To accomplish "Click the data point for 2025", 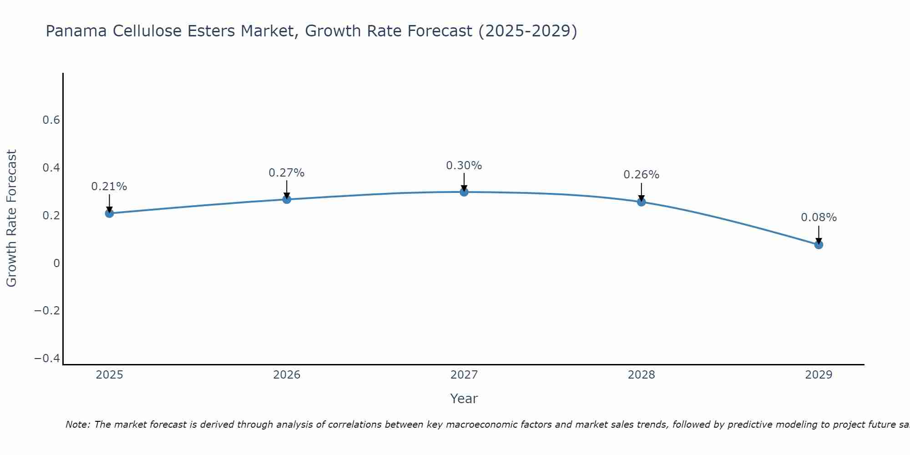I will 109,213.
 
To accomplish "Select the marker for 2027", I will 464,192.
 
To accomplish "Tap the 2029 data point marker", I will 819,244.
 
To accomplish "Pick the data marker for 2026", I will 287,199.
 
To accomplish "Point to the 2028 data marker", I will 642,202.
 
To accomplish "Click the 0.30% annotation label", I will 464,166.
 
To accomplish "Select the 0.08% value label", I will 819,217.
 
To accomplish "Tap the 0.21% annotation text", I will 109,187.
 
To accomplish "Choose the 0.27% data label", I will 286,173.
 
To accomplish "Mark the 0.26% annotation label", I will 641,175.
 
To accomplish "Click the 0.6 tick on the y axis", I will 51,120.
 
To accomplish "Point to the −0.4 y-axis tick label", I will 47,359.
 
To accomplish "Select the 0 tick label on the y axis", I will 56,263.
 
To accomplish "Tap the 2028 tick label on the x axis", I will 641,375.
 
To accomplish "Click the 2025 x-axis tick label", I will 109,375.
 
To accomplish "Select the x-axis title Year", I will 464,399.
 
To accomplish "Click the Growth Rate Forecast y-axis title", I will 11,218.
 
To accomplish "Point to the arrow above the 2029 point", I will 819,234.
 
